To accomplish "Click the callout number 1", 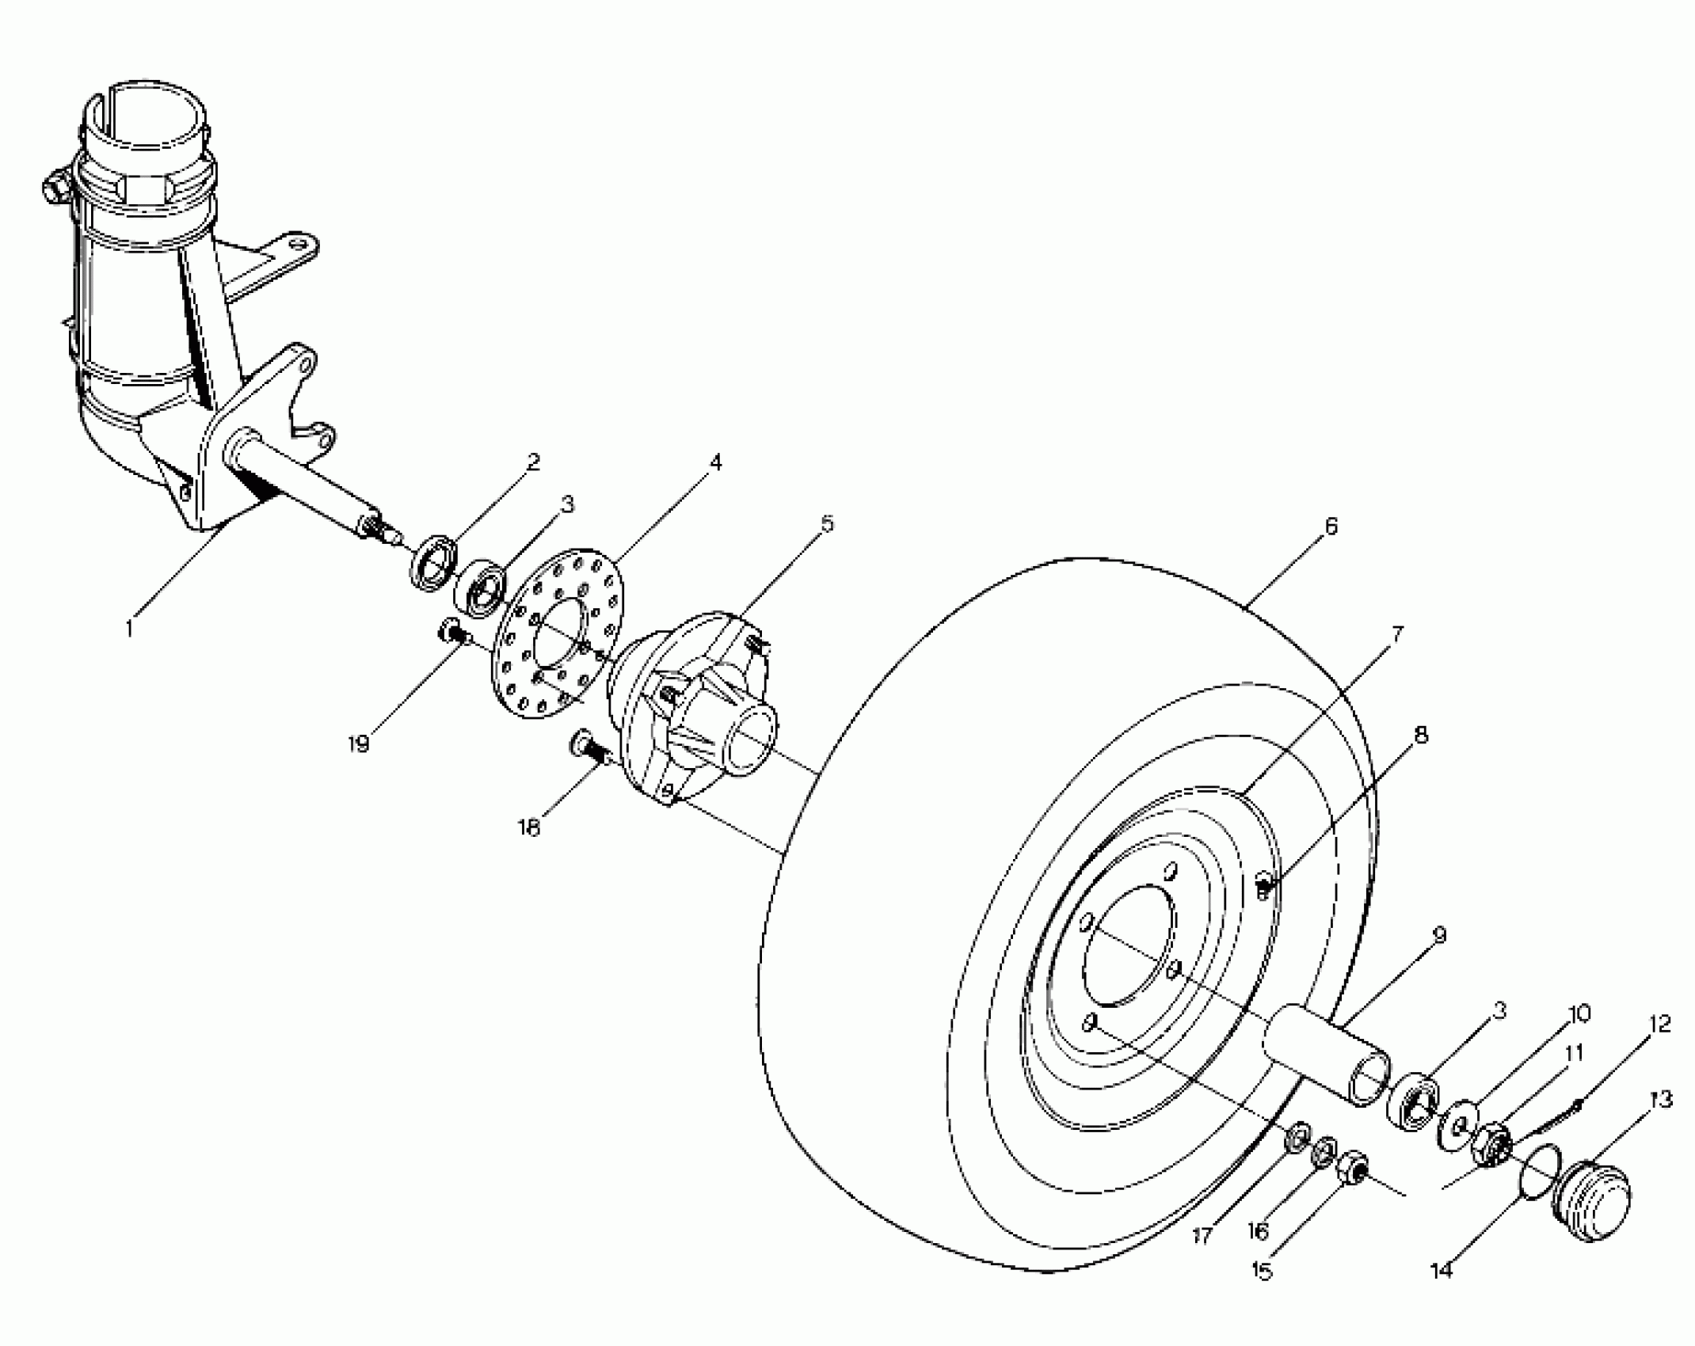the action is click(x=130, y=629).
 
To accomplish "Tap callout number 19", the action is click(x=358, y=745).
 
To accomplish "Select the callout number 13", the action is click(x=1661, y=1100).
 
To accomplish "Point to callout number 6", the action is click(x=1331, y=526).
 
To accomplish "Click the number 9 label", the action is click(x=1440, y=935).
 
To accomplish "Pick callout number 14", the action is click(x=1442, y=1271).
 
